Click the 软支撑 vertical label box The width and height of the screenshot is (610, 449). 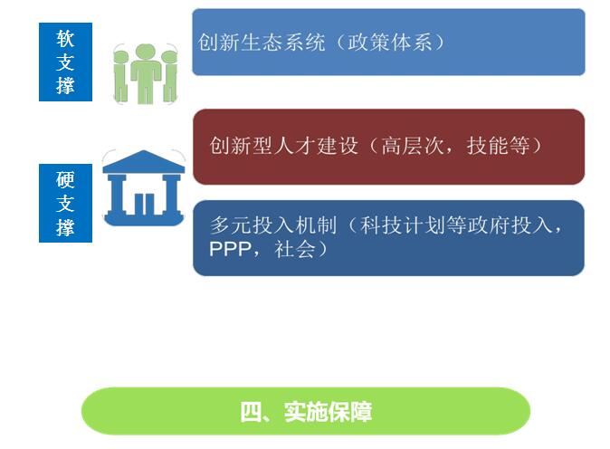click(65, 62)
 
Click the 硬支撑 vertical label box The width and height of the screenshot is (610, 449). click(65, 203)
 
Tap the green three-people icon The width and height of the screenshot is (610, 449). click(146, 74)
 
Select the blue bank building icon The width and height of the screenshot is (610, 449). click(144, 187)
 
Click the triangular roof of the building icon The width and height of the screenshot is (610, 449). click(144, 161)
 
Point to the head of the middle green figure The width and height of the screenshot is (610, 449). click(146, 53)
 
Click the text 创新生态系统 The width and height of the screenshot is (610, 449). click(262, 42)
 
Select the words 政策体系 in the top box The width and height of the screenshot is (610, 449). click(390, 42)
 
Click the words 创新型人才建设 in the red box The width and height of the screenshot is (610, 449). click(283, 146)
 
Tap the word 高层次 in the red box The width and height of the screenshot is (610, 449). click(413, 146)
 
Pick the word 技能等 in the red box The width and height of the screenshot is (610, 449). click(499, 146)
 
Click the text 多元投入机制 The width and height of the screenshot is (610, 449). click(273, 224)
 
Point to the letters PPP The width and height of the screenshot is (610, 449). click(230, 250)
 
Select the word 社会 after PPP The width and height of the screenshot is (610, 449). click(295, 250)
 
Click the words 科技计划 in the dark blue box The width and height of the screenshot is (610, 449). click(402, 224)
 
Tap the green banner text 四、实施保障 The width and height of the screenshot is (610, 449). click(306, 412)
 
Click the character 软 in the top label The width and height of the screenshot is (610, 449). click(65, 39)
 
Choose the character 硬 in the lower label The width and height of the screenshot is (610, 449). click(65, 180)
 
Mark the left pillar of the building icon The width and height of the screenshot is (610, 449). click(117, 195)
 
